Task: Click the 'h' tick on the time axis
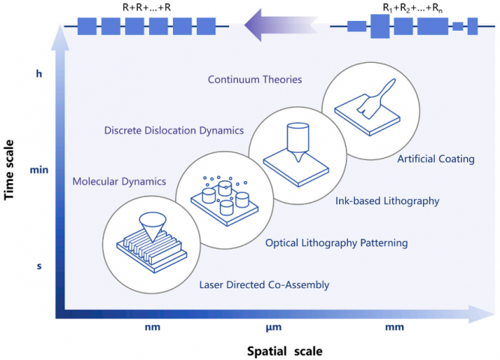pyautogui.click(x=39, y=73)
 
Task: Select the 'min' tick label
pyautogui.click(x=39, y=170)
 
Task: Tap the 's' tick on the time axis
pyautogui.click(x=39, y=266)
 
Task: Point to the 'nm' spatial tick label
pyautogui.click(x=152, y=327)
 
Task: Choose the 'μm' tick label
pyautogui.click(x=273, y=327)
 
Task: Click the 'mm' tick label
pyautogui.click(x=394, y=327)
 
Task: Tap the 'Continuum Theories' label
pyautogui.click(x=254, y=79)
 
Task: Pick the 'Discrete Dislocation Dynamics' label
pyautogui.click(x=174, y=130)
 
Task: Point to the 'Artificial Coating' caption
pyautogui.click(x=436, y=159)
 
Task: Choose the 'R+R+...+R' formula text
pyautogui.click(x=147, y=9)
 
